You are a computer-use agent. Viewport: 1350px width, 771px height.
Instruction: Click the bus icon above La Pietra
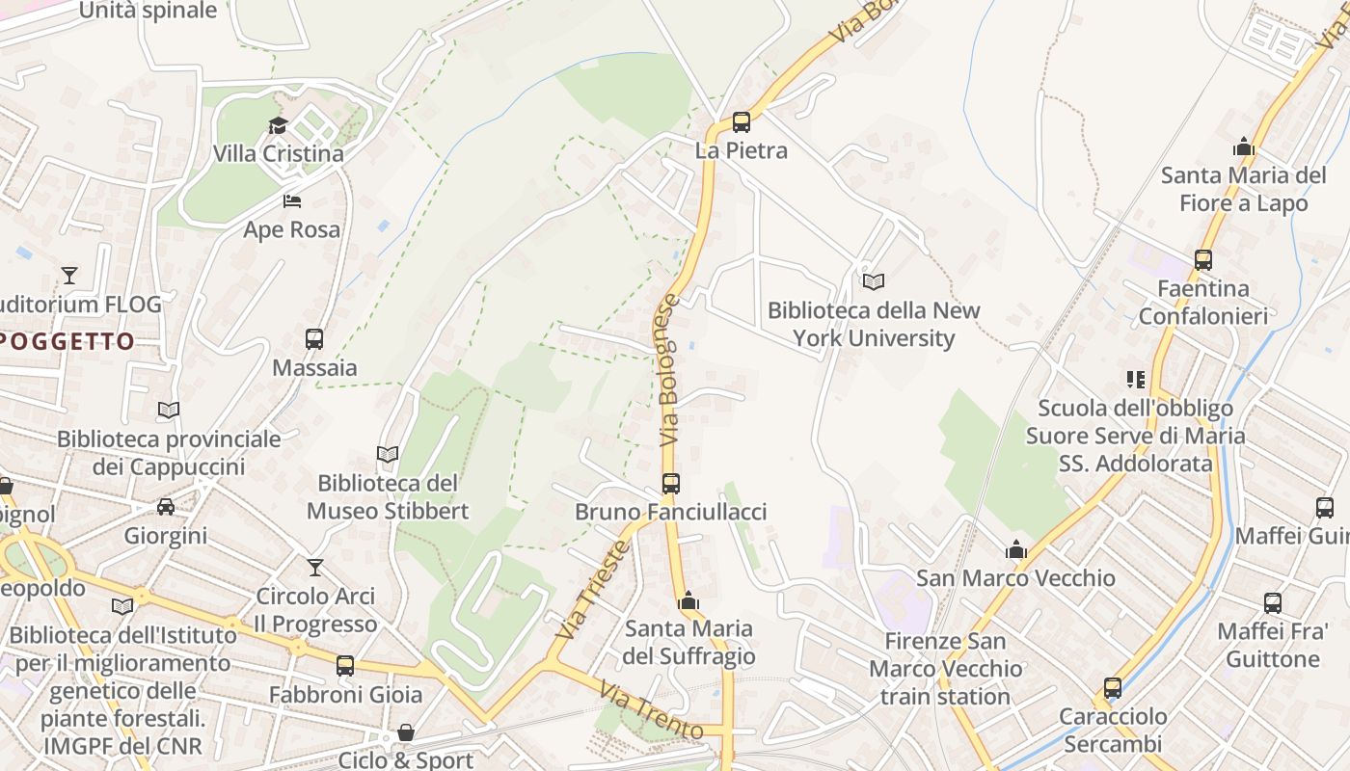pyautogui.click(x=741, y=122)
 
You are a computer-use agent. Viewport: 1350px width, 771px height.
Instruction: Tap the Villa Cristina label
pyautogui.click(x=278, y=153)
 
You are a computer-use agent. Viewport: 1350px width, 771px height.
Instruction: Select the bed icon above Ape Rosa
pyautogui.click(x=292, y=201)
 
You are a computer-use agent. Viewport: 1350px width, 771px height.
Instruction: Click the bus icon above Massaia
pyautogui.click(x=314, y=339)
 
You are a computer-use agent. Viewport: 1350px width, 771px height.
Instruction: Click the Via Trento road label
pyautogui.click(x=650, y=710)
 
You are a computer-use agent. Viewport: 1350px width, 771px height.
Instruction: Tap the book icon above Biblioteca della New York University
pyautogui.click(x=874, y=281)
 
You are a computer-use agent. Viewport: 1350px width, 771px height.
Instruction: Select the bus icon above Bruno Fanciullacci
pyautogui.click(x=671, y=484)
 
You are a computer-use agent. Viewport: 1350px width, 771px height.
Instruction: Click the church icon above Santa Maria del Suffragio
pyautogui.click(x=688, y=601)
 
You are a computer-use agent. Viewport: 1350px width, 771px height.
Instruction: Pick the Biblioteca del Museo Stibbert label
pyautogui.click(x=388, y=496)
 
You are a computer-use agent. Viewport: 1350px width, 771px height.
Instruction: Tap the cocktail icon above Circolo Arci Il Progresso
pyautogui.click(x=315, y=568)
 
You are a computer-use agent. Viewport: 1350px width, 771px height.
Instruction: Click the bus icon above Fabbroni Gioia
pyautogui.click(x=345, y=666)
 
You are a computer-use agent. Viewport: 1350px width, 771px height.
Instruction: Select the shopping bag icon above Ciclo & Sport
pyautogui.click(x=406, y=733)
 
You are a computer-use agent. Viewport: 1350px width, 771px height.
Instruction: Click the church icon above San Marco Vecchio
pyautogui.click(x=1015, y=550)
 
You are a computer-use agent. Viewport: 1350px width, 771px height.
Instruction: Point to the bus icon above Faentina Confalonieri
pyautogui.click(x=1202, y=260)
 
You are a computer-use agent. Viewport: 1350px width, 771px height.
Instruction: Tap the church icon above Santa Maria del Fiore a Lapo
pyautogui.click(x=1244, y=147)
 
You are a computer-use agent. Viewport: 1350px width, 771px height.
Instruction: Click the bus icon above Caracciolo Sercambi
pyautogui.click(x=1113, y=688)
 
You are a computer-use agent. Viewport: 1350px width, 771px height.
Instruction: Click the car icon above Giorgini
pyautogui.click(x=166, y=507)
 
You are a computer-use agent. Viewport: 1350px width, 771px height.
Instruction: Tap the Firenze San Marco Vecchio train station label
pyautogui.click(x=945, y=669)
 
